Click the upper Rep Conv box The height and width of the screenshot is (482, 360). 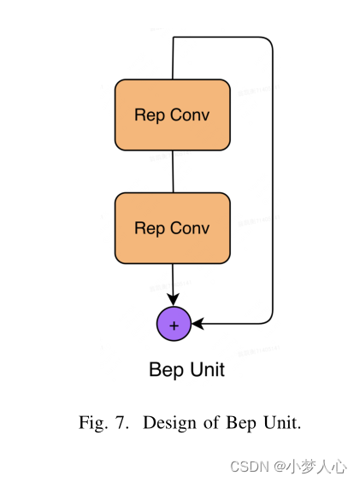pos(172,115)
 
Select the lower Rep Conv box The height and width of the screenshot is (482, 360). pos(172,227)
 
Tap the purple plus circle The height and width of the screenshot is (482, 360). pos(174,325)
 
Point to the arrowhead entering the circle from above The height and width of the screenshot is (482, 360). pos(174,300)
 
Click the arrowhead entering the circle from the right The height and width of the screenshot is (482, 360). pos(198,324)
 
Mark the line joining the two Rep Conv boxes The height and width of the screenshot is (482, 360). pos(173,171)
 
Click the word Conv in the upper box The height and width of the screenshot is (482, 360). pos(190,115)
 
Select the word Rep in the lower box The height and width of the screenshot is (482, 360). pos(150,228)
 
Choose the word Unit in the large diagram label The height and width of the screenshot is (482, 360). pos(206,370)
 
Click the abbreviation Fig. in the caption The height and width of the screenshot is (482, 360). pos(92,423)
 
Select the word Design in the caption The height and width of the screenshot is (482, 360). pos(166,423)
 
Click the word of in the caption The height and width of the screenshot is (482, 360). pos(209,423)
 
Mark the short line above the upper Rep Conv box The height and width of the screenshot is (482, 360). pos(174,58)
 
